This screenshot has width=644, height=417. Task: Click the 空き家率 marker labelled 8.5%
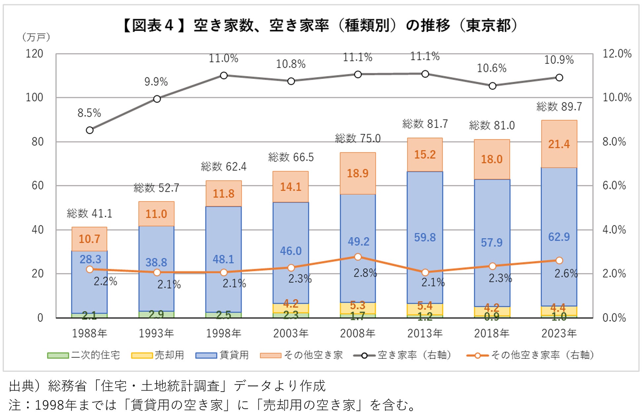point(89,130)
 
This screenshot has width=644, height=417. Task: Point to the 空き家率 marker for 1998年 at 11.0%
point(224,76)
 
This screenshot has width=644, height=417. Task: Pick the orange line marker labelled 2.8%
point(358,257)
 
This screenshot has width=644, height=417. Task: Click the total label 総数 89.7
point(559,107)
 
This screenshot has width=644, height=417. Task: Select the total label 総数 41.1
point(89,213)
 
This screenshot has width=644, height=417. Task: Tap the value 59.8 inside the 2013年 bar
point(425,237)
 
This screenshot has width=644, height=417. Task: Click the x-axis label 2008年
point(358,334)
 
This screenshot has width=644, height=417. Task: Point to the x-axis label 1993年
point(156,334)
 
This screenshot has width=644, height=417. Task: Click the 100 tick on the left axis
point(34,98)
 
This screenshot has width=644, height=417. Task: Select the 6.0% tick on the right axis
point(614,185)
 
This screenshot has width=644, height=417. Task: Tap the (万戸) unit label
point(36,37)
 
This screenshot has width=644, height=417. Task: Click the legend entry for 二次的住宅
point(84,355)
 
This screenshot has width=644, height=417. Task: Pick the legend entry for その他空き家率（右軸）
point(530,355)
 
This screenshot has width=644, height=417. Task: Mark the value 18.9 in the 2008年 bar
point(358,173)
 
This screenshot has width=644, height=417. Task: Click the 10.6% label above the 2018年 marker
point(491,68)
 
